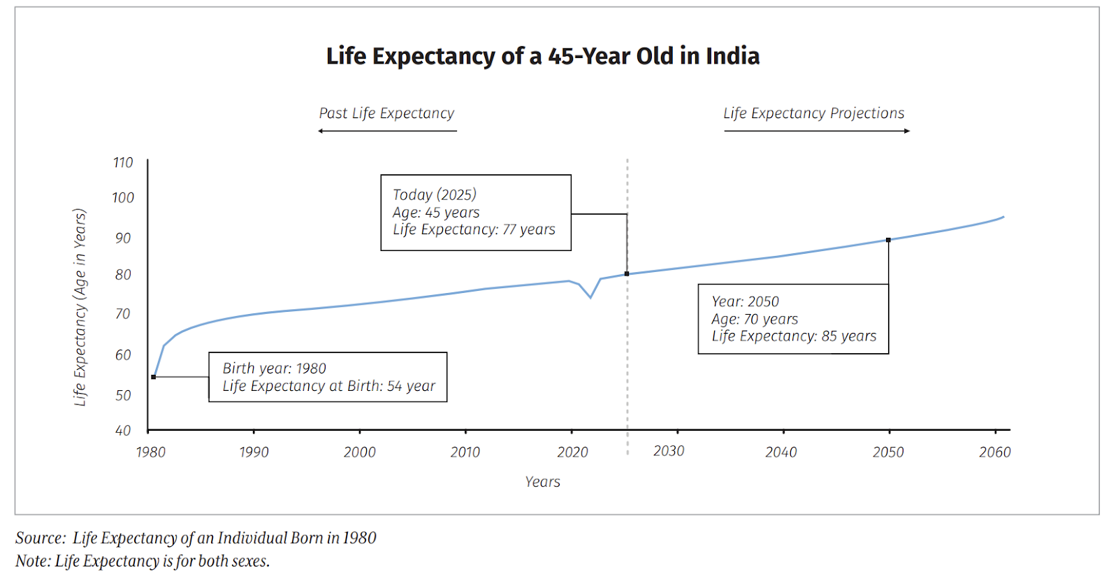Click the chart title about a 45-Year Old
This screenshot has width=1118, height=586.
[x=542, y=56]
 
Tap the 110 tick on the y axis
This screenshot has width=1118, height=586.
[x=123, y=162]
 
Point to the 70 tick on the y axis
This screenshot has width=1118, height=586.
[x=123, y=314]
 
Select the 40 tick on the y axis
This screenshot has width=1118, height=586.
[x=123, y=431]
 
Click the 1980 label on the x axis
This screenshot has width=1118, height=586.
[x=151, y=452]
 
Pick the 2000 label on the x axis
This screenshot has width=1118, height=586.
[x=360, y=452]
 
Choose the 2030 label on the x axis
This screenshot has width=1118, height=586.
[x=669, y=451]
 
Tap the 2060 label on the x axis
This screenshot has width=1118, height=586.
[x=995, y=452]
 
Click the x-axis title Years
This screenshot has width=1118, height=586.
[x=543, y=482]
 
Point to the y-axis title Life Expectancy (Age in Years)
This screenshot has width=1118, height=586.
[x=80, y=307]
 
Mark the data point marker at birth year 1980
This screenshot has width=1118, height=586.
[x=154, y=377]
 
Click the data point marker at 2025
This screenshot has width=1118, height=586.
[x=627, y=273]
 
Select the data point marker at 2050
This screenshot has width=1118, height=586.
[x=889, y=240]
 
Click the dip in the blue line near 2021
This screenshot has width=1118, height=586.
[x=590, y=297]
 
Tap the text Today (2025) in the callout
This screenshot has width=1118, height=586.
[x=435, y=194]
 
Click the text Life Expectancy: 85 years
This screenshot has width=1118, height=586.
[x=794, y=336]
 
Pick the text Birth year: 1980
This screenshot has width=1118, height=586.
[x=275, y=369]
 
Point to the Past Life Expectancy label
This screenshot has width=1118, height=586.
[x=386, y=113]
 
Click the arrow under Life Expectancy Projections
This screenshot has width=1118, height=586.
[x=817, y=131]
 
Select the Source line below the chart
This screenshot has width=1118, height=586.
[x=196, y=538]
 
